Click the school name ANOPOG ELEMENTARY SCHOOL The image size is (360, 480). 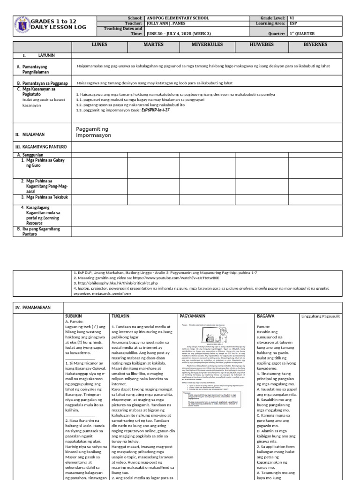pos(178,18)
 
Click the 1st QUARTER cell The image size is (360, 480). pos(302,34)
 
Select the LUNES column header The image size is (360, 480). pos(99,45)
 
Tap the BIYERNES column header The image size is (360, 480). pos(315,45)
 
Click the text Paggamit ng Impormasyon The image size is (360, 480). pos(93,132)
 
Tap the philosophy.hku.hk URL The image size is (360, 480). pos(110,283)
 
